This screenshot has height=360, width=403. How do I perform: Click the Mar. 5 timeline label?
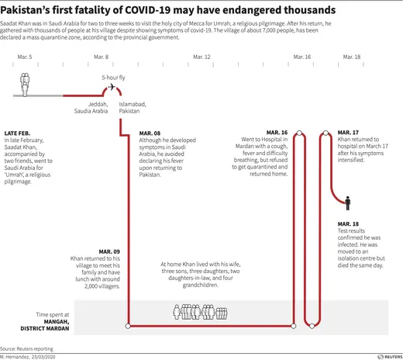25,57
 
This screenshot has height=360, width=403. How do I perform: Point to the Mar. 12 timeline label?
201,57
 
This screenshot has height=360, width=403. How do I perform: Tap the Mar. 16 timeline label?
302,57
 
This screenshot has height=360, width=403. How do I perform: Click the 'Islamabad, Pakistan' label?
129,107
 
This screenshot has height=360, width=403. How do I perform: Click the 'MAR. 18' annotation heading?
349,223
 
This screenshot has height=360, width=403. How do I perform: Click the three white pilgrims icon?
25,85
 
